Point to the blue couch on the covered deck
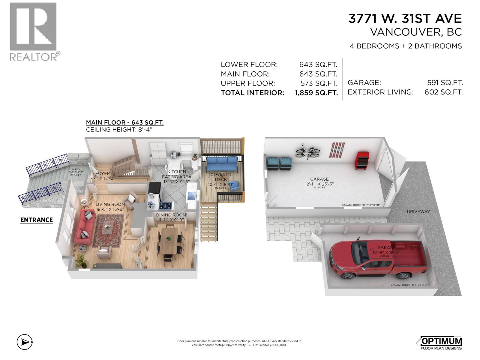(x=221, y=164)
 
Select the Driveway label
(x=418, y=211)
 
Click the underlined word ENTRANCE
(x=37, y=220)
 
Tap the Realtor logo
(x=33, y=31)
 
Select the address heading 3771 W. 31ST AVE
(x=405, y=19)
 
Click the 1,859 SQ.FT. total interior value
(x=316, y=93)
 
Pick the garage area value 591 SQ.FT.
(x=445, y=82)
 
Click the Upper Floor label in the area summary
(x=248, y=83)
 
